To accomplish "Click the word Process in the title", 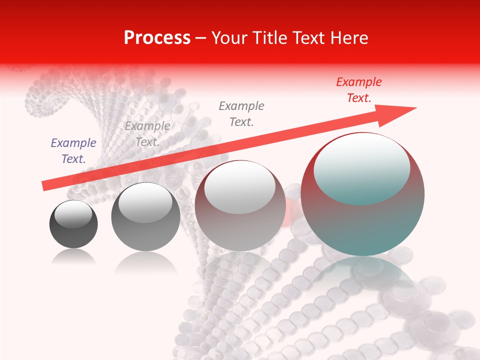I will pos(157,38).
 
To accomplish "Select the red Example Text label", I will pos(358,90).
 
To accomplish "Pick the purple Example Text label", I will pos(73,150).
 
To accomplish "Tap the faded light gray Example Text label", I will pos(147,133).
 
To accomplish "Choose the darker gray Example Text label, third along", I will pos(241,113).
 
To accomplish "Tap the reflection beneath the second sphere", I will pos(145,262).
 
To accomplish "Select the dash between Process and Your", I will pos(200,38).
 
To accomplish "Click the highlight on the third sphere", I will pos(239,187).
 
